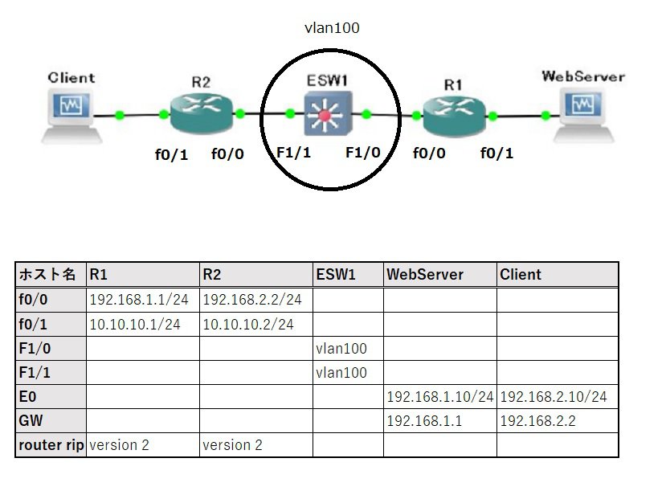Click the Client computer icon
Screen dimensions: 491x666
point(73,113)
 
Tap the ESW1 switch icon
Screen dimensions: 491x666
point(324,115)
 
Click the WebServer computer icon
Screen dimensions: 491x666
point(582,112)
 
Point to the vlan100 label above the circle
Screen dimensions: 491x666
point(332,28)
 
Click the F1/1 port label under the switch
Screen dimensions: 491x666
point(293,153)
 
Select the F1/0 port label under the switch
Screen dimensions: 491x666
point(363,153)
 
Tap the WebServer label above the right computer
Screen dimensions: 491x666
point(583,77)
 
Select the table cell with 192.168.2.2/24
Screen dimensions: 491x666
point(252,300)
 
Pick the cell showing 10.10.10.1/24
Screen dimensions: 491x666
point(134,324)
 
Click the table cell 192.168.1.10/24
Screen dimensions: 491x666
point(439,397)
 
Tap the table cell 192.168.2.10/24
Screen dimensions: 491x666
point(553,397)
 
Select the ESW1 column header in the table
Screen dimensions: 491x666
point(336,275)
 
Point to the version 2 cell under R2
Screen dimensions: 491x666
point(233,444)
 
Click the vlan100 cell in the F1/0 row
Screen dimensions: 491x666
point(342,348)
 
